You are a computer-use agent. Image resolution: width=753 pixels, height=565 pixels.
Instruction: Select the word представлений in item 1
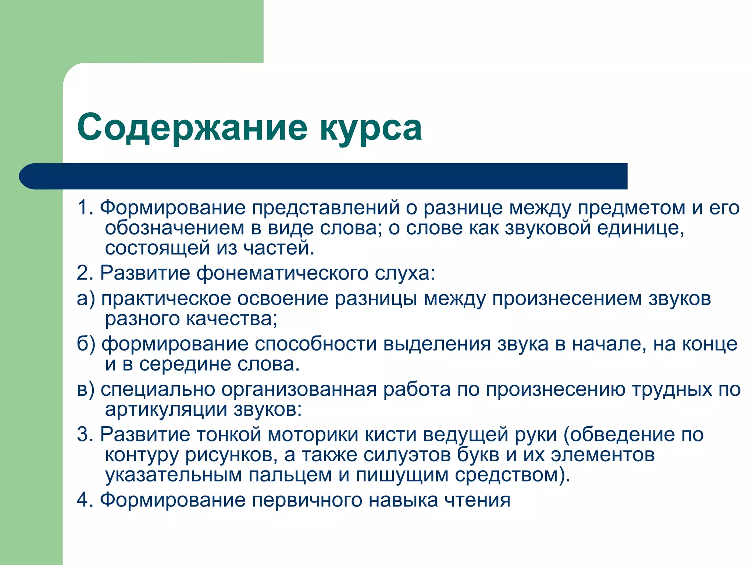326,208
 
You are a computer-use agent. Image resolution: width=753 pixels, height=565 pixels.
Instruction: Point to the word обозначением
174,228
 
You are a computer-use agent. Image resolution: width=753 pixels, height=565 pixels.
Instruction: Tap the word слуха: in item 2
405,274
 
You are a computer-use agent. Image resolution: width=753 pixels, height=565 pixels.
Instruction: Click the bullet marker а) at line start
86,299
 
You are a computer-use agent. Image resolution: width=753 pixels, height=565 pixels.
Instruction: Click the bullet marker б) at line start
86,344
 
